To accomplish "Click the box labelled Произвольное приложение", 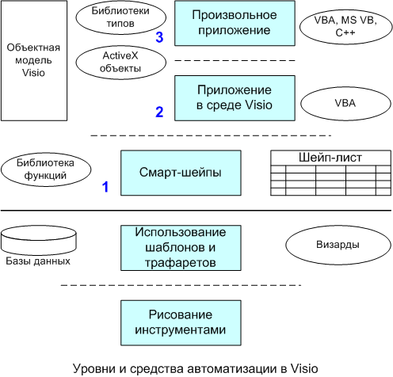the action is (235, 23).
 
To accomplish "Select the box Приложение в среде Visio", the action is (235, 98).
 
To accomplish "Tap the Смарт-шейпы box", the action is (181, 173).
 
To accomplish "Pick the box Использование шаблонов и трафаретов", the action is (181, 248).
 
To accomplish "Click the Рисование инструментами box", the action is (181, 323).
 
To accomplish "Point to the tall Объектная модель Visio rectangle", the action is (34, 61).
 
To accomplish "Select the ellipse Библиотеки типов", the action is (121, 17).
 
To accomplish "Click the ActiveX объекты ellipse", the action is (121, 63).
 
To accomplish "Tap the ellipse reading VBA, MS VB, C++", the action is (345, 27).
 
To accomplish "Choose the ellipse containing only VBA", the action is (345, 103).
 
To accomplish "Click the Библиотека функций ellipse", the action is (46, 169).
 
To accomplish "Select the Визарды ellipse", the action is (338, 245).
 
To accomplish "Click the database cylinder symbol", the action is (39, 240).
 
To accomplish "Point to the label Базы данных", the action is (38, 261).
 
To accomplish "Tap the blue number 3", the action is (159, 37).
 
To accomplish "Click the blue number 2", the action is (159, 112).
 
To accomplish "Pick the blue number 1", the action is (105, 187).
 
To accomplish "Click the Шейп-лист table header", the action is (330, 158).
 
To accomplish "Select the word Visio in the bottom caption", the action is (304, 368).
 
